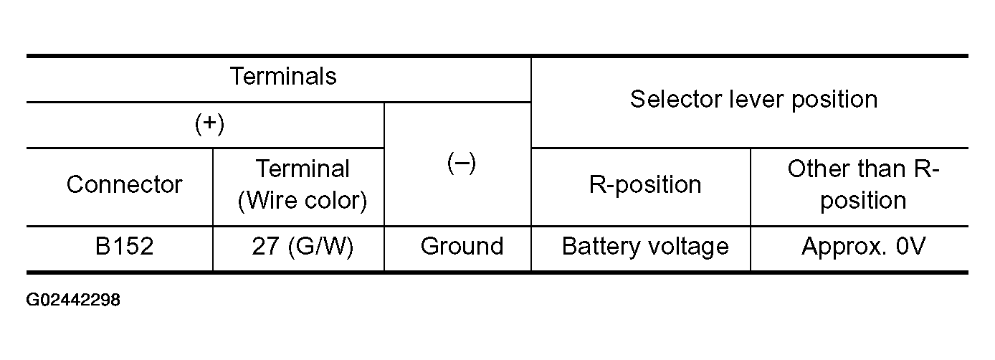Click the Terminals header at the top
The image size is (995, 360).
(x=283, y=76)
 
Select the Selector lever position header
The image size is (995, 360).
(x=754, y=100)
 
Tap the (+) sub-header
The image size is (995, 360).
(x=209, y=124)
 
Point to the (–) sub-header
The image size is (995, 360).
(x=462, y=163)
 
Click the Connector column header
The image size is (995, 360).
(x=125, y=184)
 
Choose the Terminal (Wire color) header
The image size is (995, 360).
(x=303, y=184)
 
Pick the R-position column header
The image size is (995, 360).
(x=645, y=185)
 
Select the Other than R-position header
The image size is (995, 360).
(x=863, y=184)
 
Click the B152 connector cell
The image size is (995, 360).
(x=125, y=246)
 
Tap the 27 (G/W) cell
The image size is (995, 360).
(x=303, y=247)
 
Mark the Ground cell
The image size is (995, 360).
(x=462, y=246)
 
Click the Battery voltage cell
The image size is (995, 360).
(x=645, y=247)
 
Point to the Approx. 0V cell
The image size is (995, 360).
(x=864, y=247)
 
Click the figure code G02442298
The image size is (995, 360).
(x=73, y=300)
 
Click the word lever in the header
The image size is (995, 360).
(x=756, y=100)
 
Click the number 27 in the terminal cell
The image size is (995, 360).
(x=266, y=246)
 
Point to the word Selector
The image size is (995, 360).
(x=676, y=100)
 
